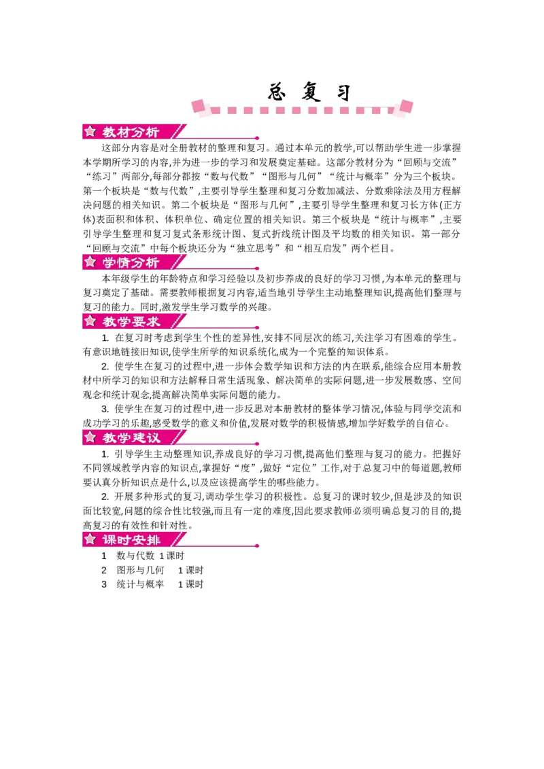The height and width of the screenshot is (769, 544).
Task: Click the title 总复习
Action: click(x=309, y=92)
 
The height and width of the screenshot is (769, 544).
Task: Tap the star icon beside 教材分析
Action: click(x=90, y=131)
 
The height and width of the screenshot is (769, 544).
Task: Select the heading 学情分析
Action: click(x=131, y=262)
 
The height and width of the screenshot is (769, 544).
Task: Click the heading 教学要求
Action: click(x=131, y=322)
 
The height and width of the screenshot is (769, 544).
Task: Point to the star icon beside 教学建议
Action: click(x=90, y=437)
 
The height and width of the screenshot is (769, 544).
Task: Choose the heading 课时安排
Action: click(x=131, y=540)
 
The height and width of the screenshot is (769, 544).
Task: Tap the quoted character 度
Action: click(x=241, y=468)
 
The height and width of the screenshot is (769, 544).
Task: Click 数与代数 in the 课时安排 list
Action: click(x=135, y=556)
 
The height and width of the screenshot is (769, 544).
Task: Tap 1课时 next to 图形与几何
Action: click(x=190, y=571)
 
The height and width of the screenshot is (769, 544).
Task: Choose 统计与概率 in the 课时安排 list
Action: click(x=140, y=584)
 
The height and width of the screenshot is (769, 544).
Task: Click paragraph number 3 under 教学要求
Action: click(x=105, y=409)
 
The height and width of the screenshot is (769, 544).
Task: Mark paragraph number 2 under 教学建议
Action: click(x=105, y=497)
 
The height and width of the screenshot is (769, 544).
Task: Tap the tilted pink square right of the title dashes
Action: click(x=407, y=106)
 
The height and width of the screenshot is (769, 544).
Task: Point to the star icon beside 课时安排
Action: click(x=90, y=539)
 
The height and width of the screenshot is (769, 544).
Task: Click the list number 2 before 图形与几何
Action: click(x=104, y=571)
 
